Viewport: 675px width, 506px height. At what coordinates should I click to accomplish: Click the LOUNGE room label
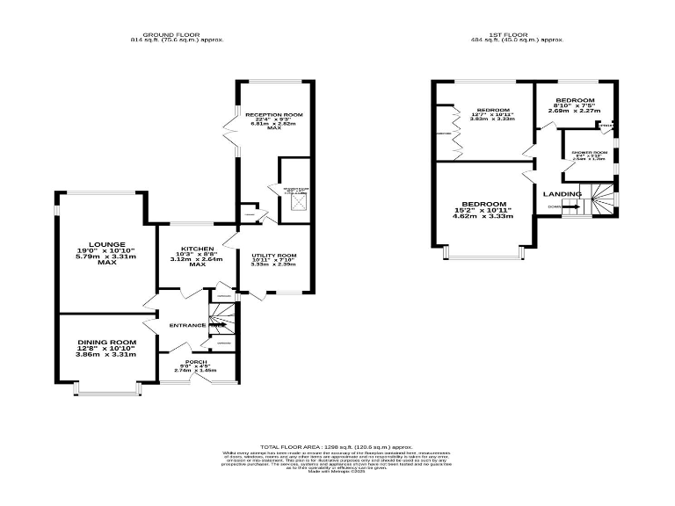click(x=100, y=244)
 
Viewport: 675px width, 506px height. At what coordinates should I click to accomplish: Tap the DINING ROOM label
click(x=107, y=342)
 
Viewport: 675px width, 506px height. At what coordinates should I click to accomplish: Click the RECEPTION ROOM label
click(x=274, y=115)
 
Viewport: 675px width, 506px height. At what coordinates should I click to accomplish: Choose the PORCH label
click(x=195, y=361)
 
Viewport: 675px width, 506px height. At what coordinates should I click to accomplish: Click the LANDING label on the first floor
click(x=562, y=193)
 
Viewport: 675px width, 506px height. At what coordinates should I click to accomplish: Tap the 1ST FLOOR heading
click(x=504, y=34)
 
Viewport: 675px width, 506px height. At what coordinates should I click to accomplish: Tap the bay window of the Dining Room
click(x=106, y=387)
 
